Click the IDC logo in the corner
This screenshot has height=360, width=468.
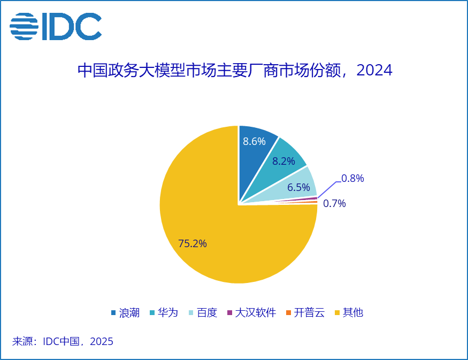coord(56,26)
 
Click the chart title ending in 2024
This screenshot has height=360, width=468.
coord(235,71)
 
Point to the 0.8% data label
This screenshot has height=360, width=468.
coord(352,179)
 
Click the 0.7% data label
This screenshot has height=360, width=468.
coord(335,203)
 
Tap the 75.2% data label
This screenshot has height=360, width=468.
coord(193,243)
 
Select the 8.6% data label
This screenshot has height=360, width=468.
coord(254,142)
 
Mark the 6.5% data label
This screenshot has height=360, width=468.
coord(298,187)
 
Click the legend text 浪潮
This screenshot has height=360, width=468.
coord(129,313)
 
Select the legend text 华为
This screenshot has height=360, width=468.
coord(167,313)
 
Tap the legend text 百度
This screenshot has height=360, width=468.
coord(207,313)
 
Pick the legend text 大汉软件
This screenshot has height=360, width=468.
coord(256,313)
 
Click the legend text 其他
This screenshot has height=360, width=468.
coord(353,313)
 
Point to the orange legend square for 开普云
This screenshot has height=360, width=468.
coord(288,313)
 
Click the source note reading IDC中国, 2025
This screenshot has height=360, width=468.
coord(63,341)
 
